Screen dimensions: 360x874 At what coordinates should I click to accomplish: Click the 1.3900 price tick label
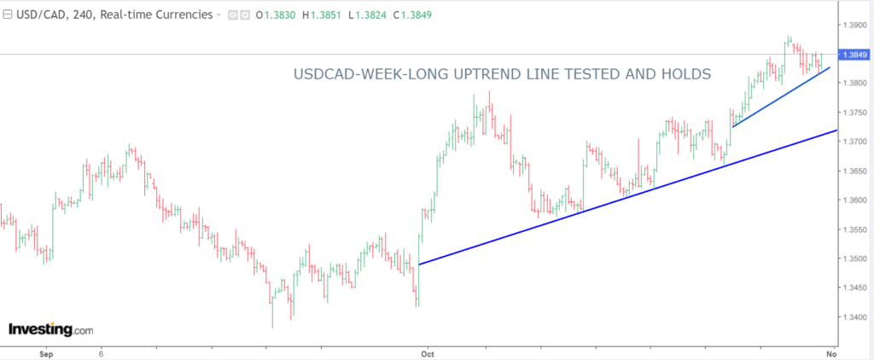click(x=854, y=25)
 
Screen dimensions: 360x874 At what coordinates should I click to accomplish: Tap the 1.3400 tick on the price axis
click(x=854, y=317)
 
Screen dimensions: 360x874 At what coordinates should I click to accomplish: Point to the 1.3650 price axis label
click(x=854, y=171)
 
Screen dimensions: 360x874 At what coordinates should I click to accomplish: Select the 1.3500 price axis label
click(x=854, y=258)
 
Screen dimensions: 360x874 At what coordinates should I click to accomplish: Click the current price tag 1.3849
click(x=854, y=55)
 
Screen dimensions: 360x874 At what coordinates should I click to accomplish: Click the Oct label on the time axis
click(x=428, y=351)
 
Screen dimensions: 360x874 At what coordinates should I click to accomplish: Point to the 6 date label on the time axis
click(x=101, y=351)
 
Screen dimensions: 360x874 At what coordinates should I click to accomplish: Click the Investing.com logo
click(x=50, y=329)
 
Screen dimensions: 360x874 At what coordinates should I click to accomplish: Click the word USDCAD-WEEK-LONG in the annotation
click(x=366, y=75)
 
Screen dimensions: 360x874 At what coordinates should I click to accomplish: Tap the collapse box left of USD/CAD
click(x=8, y=15)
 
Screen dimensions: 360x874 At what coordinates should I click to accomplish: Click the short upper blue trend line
click(x=781, y=98)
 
